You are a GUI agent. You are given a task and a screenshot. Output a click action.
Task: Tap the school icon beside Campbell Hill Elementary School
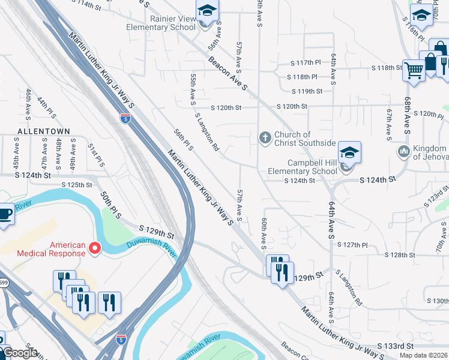(x=349, y=152)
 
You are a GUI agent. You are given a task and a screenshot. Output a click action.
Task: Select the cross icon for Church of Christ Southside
(x=265, y=138)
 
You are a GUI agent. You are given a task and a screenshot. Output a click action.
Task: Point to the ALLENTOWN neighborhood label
(x=44, y=131)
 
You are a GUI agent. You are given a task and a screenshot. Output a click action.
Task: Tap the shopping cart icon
(x=414, y=71)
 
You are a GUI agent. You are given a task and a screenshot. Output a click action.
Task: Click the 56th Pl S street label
(x=183, y=142)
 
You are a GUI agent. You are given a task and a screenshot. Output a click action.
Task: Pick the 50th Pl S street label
(x=111, y=205)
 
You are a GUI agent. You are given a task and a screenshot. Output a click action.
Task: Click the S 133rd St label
(x=397, y=347)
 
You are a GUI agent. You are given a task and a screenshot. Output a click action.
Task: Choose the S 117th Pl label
(x=306, y=62)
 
